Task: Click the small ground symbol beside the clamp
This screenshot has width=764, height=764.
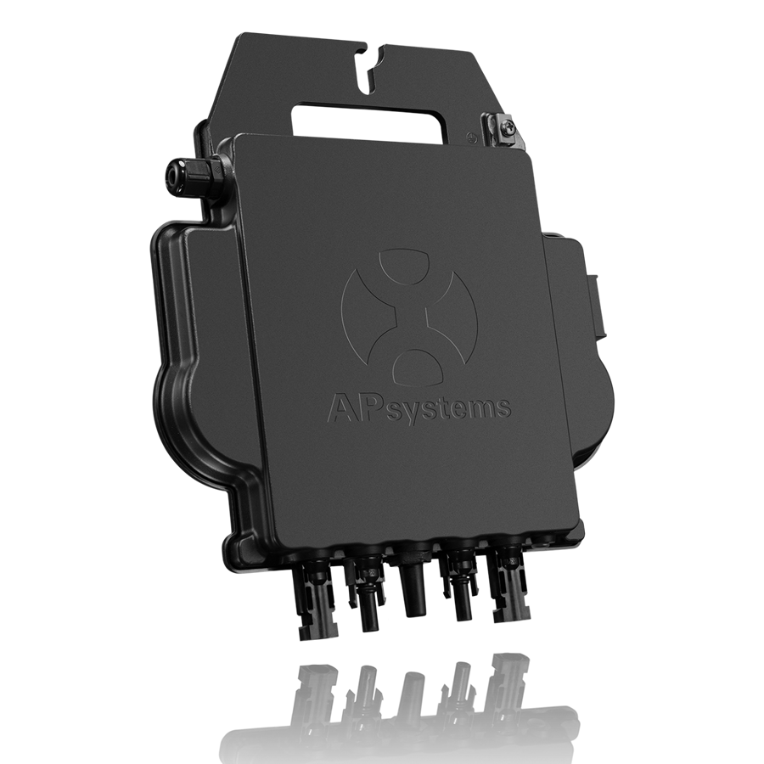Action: pos(469,138)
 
